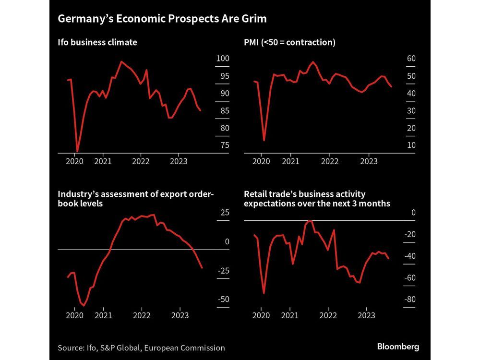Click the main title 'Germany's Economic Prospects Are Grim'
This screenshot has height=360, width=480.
click(x=162, y=19)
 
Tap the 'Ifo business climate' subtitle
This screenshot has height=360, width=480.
click(x=97, y=42)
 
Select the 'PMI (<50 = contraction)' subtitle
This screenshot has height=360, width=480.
click(x=289, y=42)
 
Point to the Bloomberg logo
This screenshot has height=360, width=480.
click(x=398, y=347)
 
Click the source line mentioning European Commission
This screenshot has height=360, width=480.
click(x=141, y=348)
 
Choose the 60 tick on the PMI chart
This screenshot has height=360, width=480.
click(x=410, y=59)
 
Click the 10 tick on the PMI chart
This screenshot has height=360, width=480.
click(x=410, y=146)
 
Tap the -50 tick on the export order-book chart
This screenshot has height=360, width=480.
click(x=223, y=300)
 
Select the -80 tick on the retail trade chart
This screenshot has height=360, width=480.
click(x=409, y=300)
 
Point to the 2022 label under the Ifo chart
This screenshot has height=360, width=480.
click(x=141, y=161)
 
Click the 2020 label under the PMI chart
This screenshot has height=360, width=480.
click(x=262, y=161)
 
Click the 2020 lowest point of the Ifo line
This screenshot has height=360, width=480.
click(x=78, y=151)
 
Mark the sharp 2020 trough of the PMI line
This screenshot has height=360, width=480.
click(x=264, y=140)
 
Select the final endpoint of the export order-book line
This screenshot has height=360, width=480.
click(x=202, y=267)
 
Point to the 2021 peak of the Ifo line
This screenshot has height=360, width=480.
click(x=121, y=61)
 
